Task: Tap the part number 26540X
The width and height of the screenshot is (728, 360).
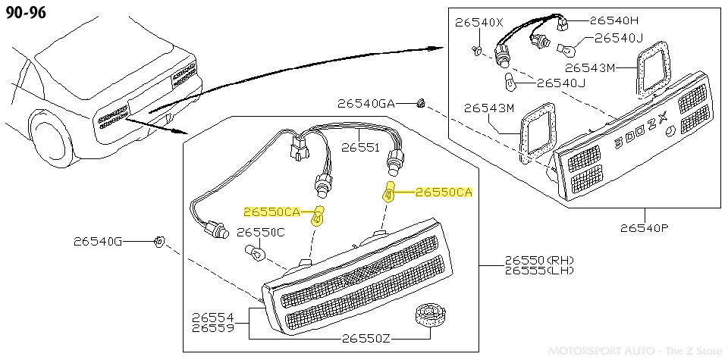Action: [x=479, y=23]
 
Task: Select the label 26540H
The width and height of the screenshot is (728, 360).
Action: [x=614, y=20]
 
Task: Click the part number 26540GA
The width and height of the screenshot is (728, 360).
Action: [x=366, y=103]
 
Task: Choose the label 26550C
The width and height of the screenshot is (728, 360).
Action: [x=261, y=232]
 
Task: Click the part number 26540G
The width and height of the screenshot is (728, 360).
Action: [x=98, y=243]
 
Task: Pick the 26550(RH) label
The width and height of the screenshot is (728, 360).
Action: [x=539, y=260]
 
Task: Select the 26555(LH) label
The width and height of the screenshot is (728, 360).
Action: [x=539, y=270]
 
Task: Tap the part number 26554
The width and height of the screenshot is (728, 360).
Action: [x=213, y=318]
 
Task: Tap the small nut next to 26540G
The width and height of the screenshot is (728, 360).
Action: [x=158, y=242]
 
